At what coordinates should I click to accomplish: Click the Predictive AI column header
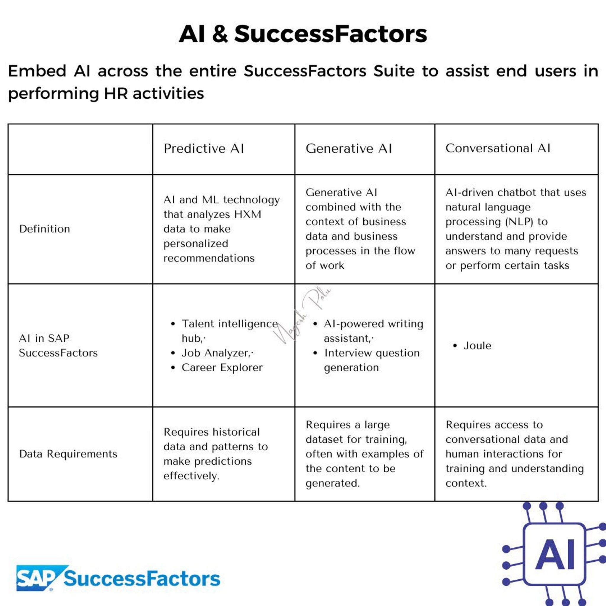(204, 148)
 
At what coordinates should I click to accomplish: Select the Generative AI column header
(349, 148)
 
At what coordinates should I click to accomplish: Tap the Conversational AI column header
(498, 148)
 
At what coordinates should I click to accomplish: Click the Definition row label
(45, 229)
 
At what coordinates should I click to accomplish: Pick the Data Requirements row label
(68, 454)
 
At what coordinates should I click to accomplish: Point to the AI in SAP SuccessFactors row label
(58, 345)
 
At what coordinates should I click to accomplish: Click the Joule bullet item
(477, 346)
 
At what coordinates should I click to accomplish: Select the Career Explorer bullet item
(222, 368)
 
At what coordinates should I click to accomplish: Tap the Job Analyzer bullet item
(216, 353)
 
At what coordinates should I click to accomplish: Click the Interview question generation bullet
(372, 360)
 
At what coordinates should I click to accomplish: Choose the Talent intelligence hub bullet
(229, 331)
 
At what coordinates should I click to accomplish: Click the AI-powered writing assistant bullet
(373, 331)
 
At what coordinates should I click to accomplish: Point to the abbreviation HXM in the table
(248, 214)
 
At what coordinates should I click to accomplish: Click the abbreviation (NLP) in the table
(519, 221)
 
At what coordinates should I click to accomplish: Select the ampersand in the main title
(220, 33)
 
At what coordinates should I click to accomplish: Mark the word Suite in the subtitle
(395, 71)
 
